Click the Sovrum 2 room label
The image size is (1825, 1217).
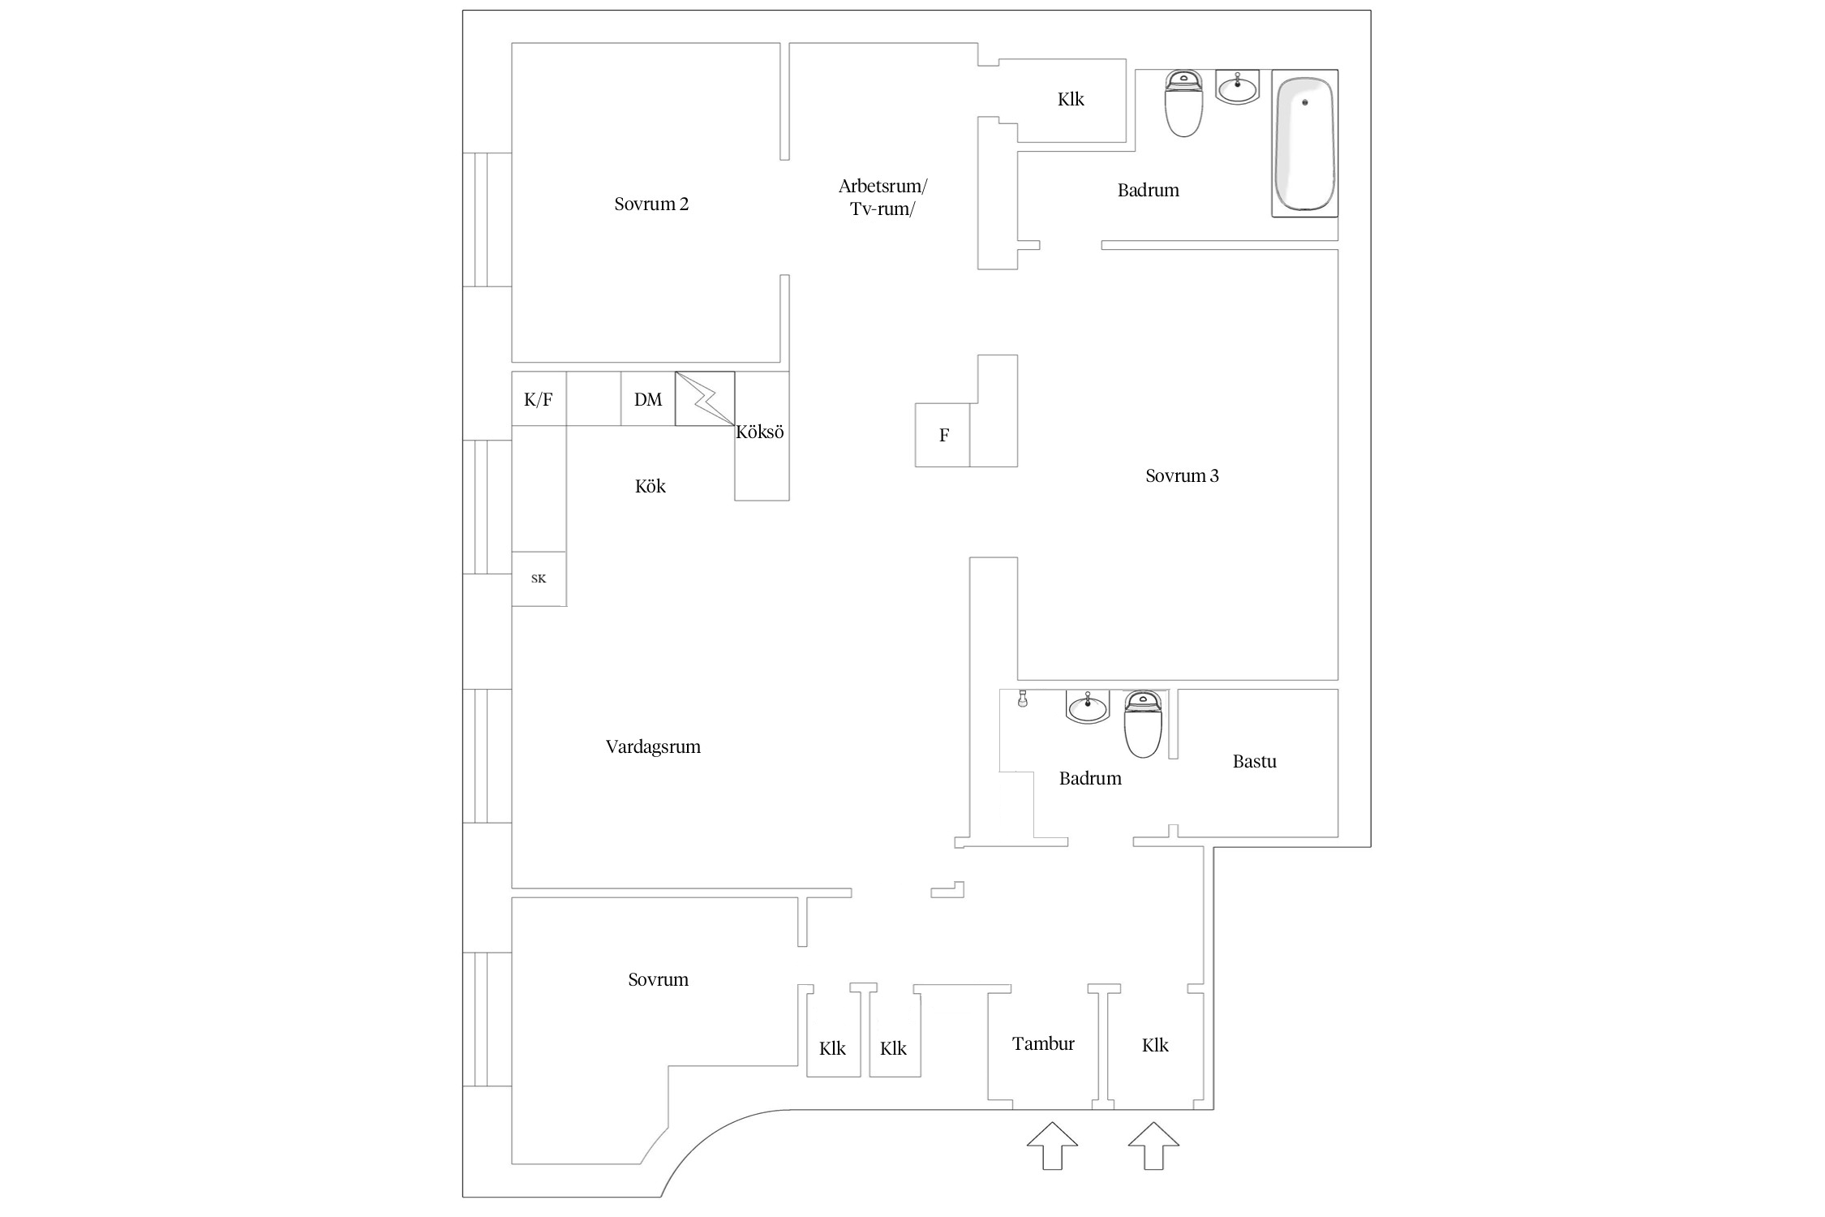(651, 204)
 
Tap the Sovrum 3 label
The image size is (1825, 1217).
(1182, 475)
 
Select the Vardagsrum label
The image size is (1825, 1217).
(653, 747)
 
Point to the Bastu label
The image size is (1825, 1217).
(1255, 761)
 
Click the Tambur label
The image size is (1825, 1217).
(1043, 1043)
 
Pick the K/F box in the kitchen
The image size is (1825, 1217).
(539, 398)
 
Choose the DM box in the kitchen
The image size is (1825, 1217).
(648, 398)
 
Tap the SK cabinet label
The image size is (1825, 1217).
(539, 578)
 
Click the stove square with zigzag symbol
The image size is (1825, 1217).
(705, 398)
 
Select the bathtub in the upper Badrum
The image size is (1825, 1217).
(1305, 144)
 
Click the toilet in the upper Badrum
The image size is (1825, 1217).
(1183, 103)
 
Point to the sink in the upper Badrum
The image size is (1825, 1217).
(1238, 87)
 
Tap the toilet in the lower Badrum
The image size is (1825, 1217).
(1144, 724)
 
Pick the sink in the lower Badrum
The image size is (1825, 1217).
(1088, 707)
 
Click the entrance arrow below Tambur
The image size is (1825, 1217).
(1052, 1146)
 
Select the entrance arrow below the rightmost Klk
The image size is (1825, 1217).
(1153, 1146)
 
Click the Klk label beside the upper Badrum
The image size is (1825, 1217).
(1071, 99)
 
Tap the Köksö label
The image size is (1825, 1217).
(760, 432)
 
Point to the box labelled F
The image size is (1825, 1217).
(943, 435)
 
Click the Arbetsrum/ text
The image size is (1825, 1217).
(882, 187)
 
